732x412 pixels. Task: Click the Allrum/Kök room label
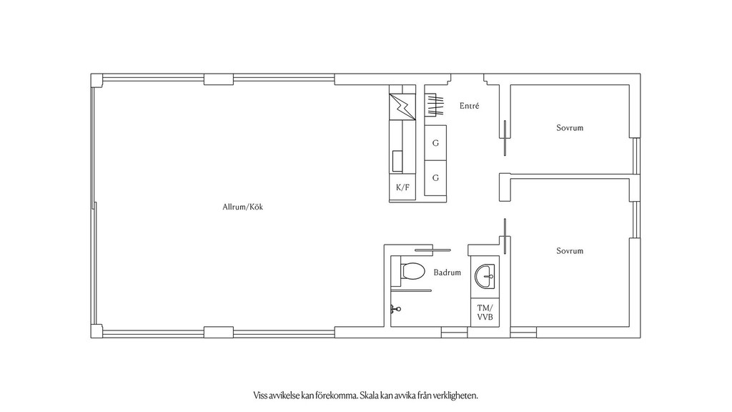click(x=243, y=207)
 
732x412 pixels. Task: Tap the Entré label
click(x=469, y=106)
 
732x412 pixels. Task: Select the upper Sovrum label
click(x=570, y=127)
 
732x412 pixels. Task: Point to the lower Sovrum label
click(x=570, y=251)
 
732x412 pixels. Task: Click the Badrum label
click(x=447, y=273)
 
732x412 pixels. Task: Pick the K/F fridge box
click(x=402, y=187)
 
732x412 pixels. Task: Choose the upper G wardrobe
click(x=435, y=143)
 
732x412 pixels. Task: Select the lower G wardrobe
click(x=435, y=178)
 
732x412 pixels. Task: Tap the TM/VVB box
click(x=485, y=313)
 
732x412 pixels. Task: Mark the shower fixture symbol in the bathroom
click(x=395, y=309)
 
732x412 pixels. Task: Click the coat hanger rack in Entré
click(x=434, y=104)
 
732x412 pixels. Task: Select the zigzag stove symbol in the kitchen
click(x=402, y=107)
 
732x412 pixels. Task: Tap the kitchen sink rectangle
click(x=397, y=161)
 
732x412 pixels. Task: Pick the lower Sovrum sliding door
click(x=504, y=236)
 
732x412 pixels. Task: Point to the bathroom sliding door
click(x=432, y=250)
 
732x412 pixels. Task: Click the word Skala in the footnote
click(x=370, y=396)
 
